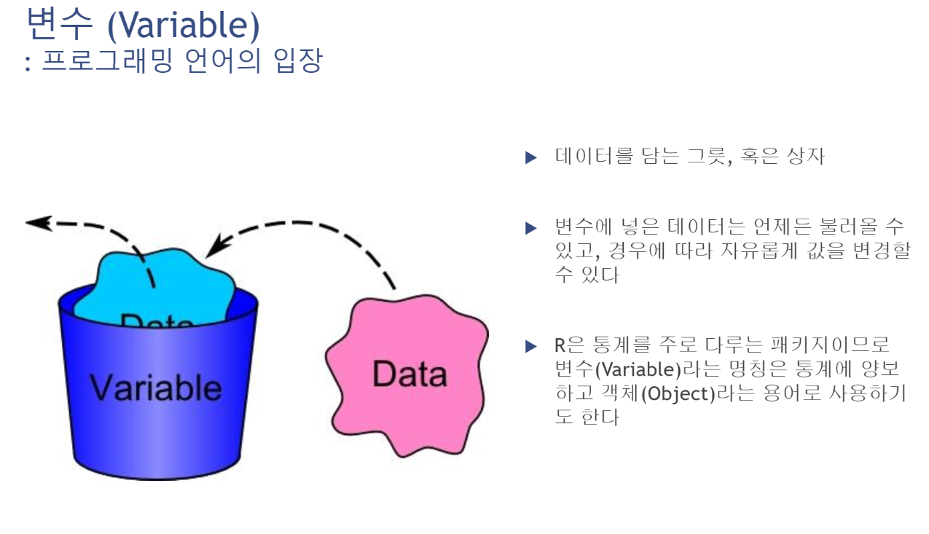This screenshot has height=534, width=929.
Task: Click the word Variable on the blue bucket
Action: click(156, 387)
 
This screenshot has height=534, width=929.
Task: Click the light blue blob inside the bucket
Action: click(157, 280)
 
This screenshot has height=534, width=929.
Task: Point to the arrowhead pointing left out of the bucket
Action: click(38, 223)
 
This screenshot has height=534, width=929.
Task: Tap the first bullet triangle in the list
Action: click(530, 157)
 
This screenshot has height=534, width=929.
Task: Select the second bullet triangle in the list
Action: click(530, 228)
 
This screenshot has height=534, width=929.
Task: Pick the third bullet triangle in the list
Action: click(530, 346)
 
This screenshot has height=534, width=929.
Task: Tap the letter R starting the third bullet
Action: click(560, 345)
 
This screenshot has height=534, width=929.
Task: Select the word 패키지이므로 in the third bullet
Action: click(822, 345)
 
